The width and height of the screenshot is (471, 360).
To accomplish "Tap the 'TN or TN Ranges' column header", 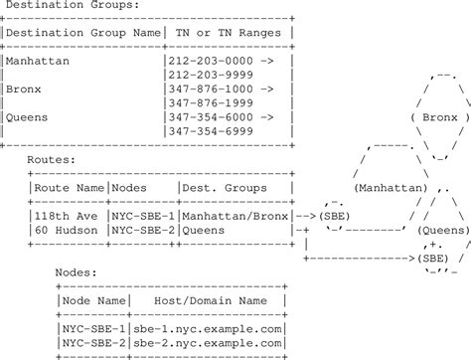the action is pos(228,33).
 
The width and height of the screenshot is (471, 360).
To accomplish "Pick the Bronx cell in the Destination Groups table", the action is pos(24,88).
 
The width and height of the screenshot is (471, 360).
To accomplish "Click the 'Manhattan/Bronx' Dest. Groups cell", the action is pos(235,214).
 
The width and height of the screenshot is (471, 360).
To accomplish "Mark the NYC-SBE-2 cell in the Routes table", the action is pos(143,228).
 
